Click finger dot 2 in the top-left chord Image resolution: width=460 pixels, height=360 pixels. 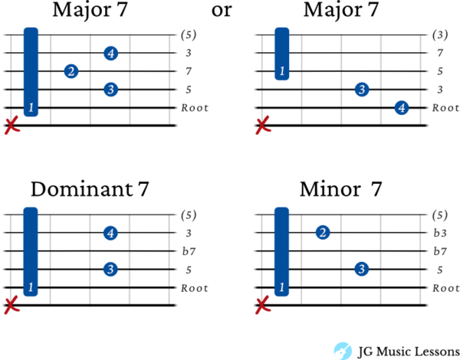pos(71,71)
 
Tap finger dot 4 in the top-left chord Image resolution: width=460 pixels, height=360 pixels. pos(110,53)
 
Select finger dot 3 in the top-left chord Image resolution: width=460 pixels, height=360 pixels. pos(110,90)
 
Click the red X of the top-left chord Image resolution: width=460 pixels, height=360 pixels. pos(11,125)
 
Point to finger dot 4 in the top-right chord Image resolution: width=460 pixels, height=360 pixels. pos(401,108)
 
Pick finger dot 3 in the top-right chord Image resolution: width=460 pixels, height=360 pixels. pos(361,90)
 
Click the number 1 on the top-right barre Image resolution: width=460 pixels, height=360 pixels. pos(281,71)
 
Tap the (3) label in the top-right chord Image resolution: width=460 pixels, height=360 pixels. pos(439,34)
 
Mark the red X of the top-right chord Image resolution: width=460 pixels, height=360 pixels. pos(263,125)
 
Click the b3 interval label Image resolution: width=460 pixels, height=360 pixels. pos(440,233)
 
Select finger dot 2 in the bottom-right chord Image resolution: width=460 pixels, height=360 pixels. pos(323,232)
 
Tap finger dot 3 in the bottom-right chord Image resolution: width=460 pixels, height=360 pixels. pos(361,269)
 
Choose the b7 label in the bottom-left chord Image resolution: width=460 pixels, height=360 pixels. pos(189,251)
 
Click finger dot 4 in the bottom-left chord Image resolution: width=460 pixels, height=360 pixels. pos(110,233)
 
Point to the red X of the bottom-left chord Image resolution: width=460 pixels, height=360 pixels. pos(11,305)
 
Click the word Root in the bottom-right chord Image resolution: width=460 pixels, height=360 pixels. pos(445,288)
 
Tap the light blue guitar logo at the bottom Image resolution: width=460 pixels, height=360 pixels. pos(342,350)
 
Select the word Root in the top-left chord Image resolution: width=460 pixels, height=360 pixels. pos(194,108)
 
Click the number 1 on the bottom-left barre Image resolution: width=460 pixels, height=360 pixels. pos(31,288)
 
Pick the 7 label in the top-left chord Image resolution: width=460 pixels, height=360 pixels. pos(189,71)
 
